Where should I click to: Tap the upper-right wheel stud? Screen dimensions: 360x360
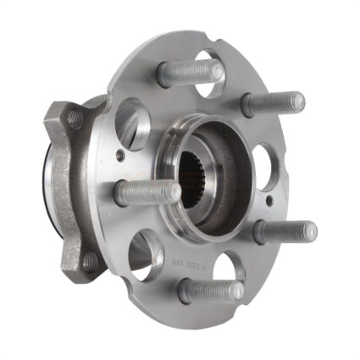click(x=271, y=103)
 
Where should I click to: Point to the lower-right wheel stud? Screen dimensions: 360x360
click(x=284, y=230)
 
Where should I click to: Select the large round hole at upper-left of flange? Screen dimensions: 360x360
click(x=133, y=119)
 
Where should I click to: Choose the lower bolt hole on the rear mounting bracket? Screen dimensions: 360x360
click(x=88, y=260)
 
